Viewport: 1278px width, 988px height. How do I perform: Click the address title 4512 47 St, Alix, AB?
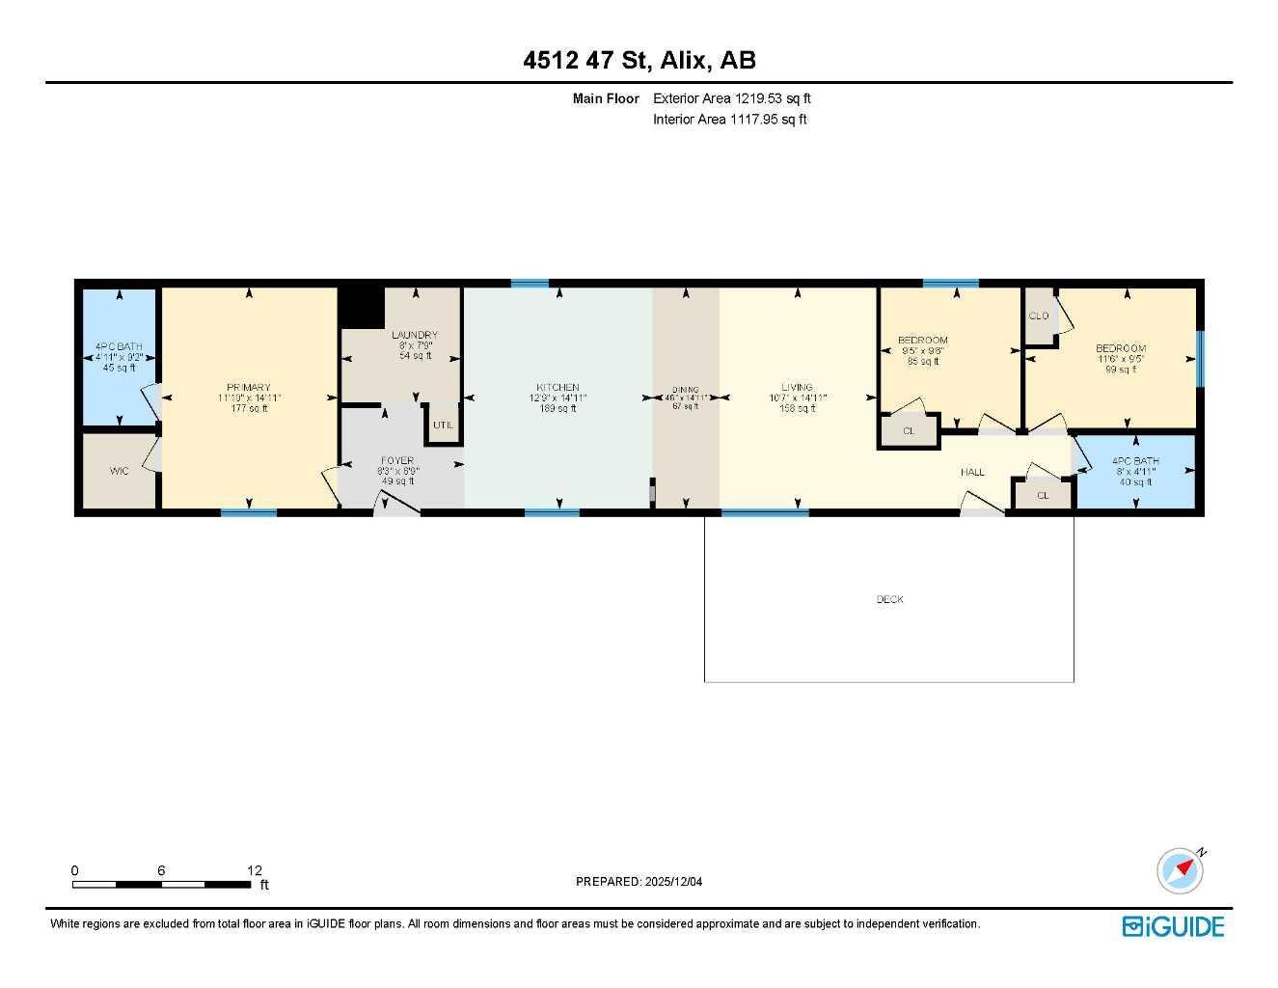click(x=639, y=60)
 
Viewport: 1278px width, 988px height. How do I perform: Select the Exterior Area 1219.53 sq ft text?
click(x=732, y=98)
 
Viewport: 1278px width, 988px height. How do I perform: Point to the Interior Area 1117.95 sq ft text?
click(x=729, y=120)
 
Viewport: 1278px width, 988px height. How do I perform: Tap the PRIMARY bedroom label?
click(x=249, y=388)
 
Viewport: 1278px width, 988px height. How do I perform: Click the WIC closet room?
click(x=119, y=471)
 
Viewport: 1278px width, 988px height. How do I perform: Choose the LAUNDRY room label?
click(x=415, y=335)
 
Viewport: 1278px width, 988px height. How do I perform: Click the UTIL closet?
click(x=443, y=425)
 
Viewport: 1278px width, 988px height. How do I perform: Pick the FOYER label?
click(x=397, y=461)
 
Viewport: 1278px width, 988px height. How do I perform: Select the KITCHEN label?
click(x=557, y=388)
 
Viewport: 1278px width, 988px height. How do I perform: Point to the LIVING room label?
click(x=798, y=388)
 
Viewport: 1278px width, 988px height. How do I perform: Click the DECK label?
click(x=889, y=599)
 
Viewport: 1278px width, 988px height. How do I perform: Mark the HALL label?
click(x=972, y=472)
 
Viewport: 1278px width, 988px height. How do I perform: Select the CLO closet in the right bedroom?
click(x=1039, y=316)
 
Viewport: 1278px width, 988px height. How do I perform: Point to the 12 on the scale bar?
click(x=254, y=870)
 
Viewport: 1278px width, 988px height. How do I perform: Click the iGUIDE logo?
click(x=1173, y=926)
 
